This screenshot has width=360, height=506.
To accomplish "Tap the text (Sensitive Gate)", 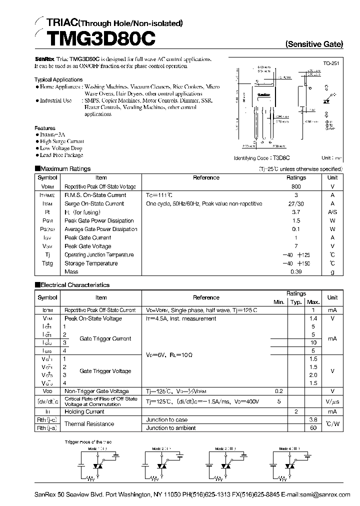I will [314, 44].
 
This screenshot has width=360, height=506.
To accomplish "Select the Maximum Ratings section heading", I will [65, 169].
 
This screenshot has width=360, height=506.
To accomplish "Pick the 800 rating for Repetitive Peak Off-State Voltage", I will [296, 186].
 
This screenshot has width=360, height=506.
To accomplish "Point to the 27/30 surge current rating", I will [296, 203].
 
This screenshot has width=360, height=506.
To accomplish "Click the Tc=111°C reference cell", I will [159, 195].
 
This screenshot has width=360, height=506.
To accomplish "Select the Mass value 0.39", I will [296, 271].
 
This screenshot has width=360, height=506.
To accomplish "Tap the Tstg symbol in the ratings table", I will [47, 263].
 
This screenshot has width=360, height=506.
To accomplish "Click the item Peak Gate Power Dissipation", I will [99, 220].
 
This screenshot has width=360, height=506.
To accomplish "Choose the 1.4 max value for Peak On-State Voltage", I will [313, 318].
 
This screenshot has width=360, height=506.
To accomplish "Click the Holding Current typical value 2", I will [296, 411].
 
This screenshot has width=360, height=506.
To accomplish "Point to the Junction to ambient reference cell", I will [170, 428].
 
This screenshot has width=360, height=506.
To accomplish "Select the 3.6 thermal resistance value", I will [313, 420].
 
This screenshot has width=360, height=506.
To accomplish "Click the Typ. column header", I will [296, 302].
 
